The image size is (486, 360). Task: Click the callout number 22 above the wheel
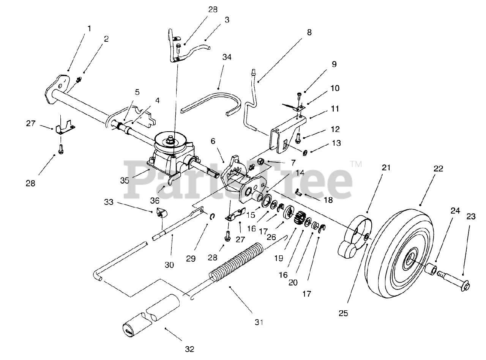[438, 169]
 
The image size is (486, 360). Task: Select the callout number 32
[190, 349]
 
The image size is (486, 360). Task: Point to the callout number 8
[309, 32]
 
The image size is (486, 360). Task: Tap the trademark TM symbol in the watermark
[356, 164]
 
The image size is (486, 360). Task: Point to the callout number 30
[169, 265]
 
